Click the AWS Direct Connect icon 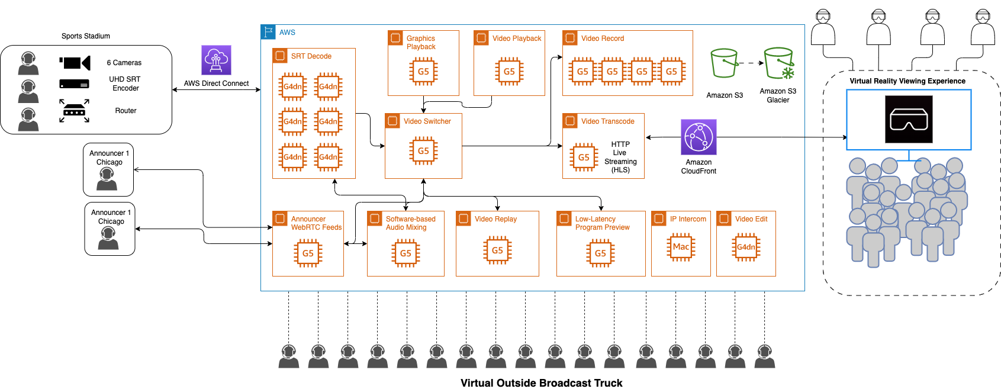click(216, 60)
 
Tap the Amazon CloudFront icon click(699, 137)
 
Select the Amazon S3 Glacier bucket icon click(778, 64)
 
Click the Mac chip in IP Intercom click(681, 247)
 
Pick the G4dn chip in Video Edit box click(746, 247)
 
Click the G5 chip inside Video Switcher click(423, 151)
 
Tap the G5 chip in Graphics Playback click(423, 72)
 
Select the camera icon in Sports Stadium click(75, 63)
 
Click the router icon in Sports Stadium click(75, 111)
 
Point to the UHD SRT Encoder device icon click(75, 84)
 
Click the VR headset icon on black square click(909, 120)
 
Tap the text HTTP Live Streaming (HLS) click(620, 157)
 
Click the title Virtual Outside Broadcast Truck click(541, 383)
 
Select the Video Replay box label click(495, 219)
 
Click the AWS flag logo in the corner click(268, 32)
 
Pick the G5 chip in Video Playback click(509, 72)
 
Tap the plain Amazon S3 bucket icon click(724, 63)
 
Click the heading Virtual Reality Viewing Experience click(907, 81)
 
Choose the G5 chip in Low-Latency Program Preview click(600, 253)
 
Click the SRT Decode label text click(311, 56)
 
